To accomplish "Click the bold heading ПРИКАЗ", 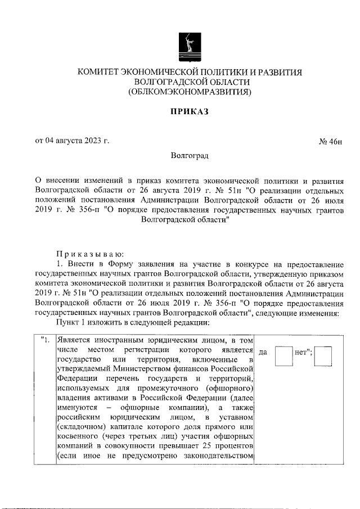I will [x=190, y=112].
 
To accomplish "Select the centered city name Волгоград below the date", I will [x=190, y=155].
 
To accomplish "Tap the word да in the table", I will [x=263, y=353].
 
